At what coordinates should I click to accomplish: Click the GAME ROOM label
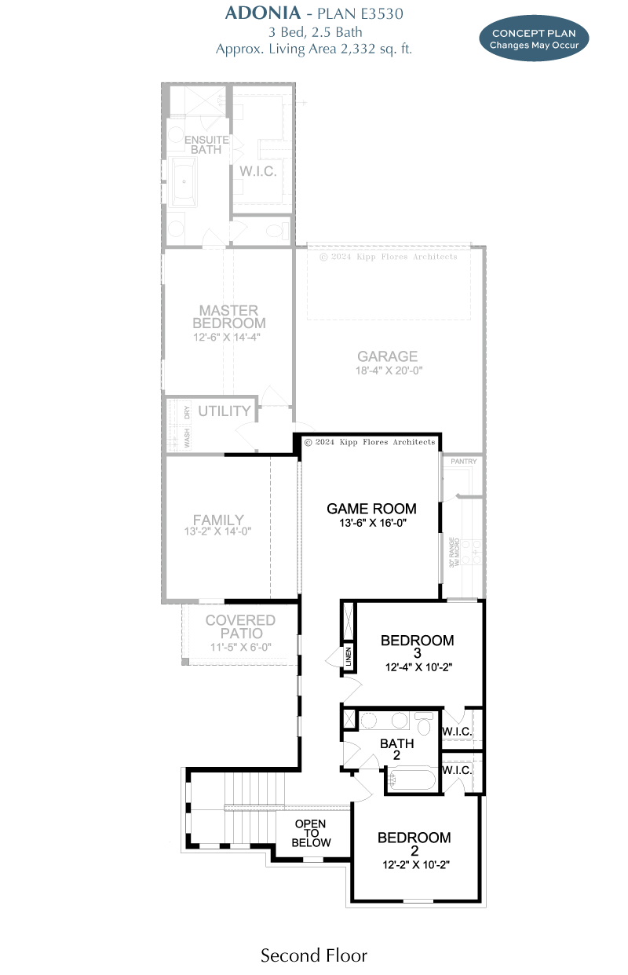[x=371, y=509]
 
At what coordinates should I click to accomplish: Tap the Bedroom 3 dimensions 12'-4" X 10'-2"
[x=418, y=666]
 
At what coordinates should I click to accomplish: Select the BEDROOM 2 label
[x=414, y=843]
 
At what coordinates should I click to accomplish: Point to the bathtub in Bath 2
[x=411, y=780]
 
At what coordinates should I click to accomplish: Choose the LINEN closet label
[x=349, y=657]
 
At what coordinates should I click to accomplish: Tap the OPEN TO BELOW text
[x=311, y=833]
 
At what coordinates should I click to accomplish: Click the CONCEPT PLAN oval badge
[x=534, y=38]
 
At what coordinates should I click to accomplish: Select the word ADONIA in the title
[x=263, y=13]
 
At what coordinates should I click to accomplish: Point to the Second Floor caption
[x=314, y=955]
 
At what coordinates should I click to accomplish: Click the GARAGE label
[x=387, y=356]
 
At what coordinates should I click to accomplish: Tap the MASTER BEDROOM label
[x=229, y=316]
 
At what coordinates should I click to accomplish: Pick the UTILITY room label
[x=225, y=411]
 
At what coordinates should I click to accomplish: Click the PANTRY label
[x=463, y=461]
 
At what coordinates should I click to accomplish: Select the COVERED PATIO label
[x=240, y=626]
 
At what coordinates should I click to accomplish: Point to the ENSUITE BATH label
[x=206, y=144]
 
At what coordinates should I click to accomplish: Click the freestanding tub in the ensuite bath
[x=184, y=182]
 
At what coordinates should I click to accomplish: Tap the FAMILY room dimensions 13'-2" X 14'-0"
[x=217, y=531]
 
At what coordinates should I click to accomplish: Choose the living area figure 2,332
[x=358, y=49]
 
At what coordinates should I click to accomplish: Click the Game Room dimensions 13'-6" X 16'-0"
[x=373, y=522]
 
